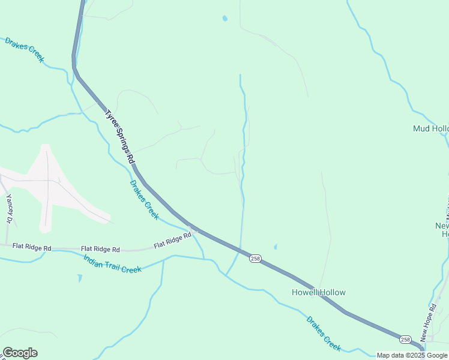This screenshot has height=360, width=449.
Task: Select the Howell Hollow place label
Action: coord(319,293)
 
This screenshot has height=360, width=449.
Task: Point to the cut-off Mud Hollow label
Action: coord(431,129)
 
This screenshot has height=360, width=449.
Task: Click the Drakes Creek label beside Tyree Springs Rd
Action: coord(144,200)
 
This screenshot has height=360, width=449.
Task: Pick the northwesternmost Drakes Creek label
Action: coord(25,50)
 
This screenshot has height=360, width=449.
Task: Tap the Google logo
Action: coord(20,353)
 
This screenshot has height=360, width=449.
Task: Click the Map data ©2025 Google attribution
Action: coord(412,356)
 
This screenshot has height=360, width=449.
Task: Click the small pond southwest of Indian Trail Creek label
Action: coord(80,278)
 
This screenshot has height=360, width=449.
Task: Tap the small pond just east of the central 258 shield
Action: coord(276,247)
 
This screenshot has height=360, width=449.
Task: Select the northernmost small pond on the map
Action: coord(225,19)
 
